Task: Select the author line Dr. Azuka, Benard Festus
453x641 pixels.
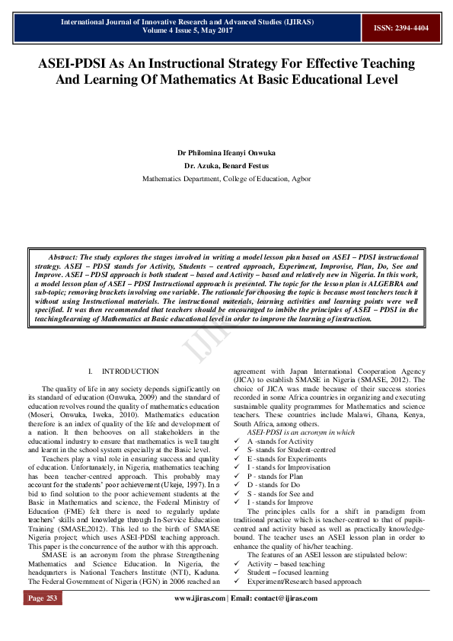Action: tap(226, 165)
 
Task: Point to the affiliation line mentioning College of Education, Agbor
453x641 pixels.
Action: tap(226, 178)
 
